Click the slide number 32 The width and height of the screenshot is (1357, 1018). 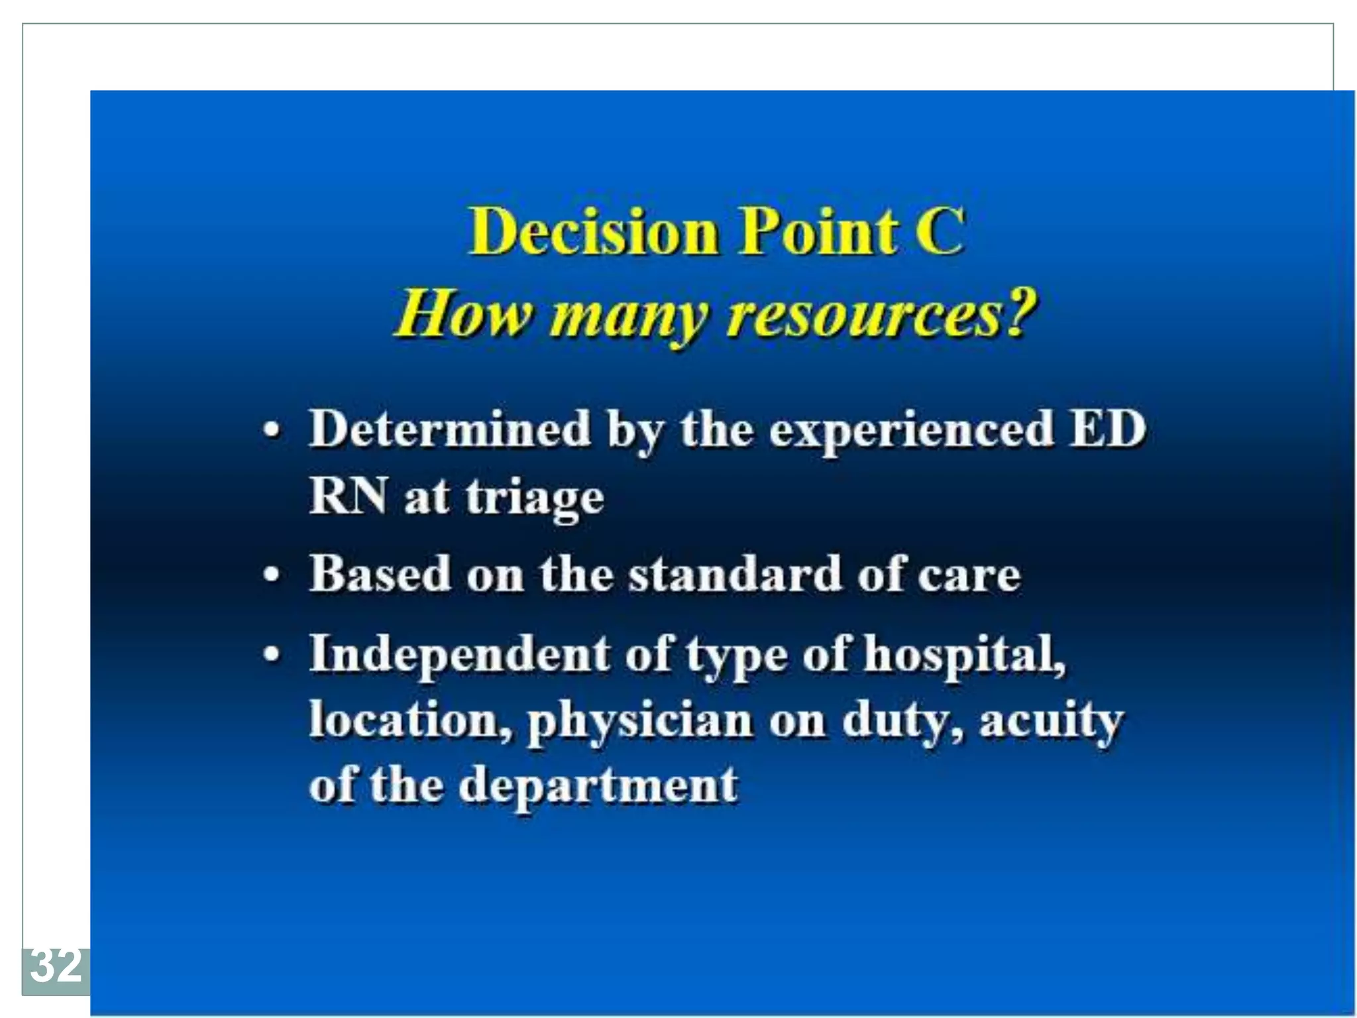(56, 966)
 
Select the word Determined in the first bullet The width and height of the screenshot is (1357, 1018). (450, 429)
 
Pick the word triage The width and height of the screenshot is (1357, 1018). (535, 497)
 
